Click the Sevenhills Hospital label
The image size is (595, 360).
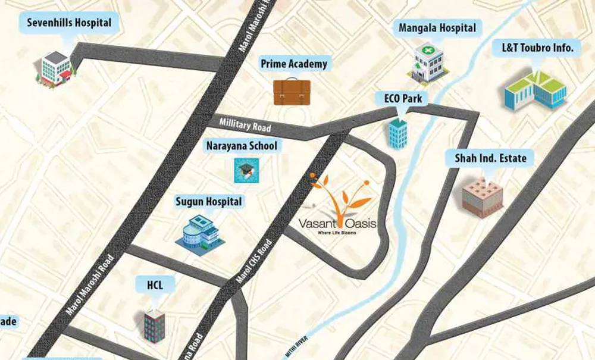click(x=69, y=24)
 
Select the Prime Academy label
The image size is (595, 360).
click(x=294, y=64)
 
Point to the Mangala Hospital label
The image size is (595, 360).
click(x=437, y=28)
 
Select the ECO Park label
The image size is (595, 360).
click(x=402, y=98)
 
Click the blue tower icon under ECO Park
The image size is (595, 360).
click(x=398, y=133)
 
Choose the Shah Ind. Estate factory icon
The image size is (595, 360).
click(x=483, y=195)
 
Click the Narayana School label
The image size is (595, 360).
click(x=241, y=146)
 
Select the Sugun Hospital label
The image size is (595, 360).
click(x=209, y=202)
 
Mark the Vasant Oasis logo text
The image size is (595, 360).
click(x=337, y=224)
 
